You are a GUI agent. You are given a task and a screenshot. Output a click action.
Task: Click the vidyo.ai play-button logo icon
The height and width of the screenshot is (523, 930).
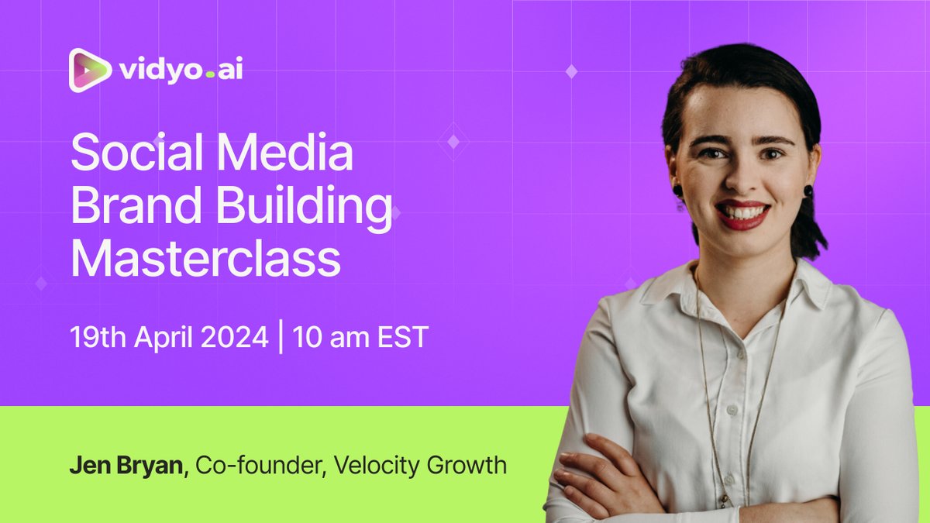click(90, 71)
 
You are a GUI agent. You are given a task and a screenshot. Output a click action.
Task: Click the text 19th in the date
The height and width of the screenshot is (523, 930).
click(95, 339)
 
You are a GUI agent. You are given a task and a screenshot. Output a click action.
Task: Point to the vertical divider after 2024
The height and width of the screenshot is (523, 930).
click(280, 339)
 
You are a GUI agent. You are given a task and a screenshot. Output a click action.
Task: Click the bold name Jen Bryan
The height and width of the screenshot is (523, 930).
click(128, 466)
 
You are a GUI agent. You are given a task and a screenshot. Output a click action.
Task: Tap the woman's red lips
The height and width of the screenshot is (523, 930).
click(743, 216)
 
